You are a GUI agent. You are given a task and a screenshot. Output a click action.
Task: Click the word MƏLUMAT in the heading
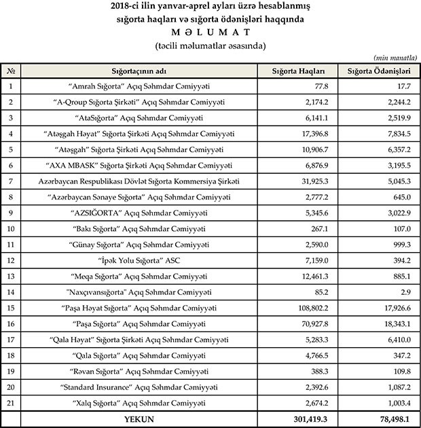pyautogui.click(x=210, y=33)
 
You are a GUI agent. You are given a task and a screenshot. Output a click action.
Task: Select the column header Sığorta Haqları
pyautogui.click(x=299, y=71)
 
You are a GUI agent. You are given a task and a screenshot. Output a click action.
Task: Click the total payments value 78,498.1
pyautogui.click(x=392, y=419)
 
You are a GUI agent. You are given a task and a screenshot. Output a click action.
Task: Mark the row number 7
pyautogui.click(x=12, y=181)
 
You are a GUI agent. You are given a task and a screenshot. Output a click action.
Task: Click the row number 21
pyautogui.click(x=12, y=403)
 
